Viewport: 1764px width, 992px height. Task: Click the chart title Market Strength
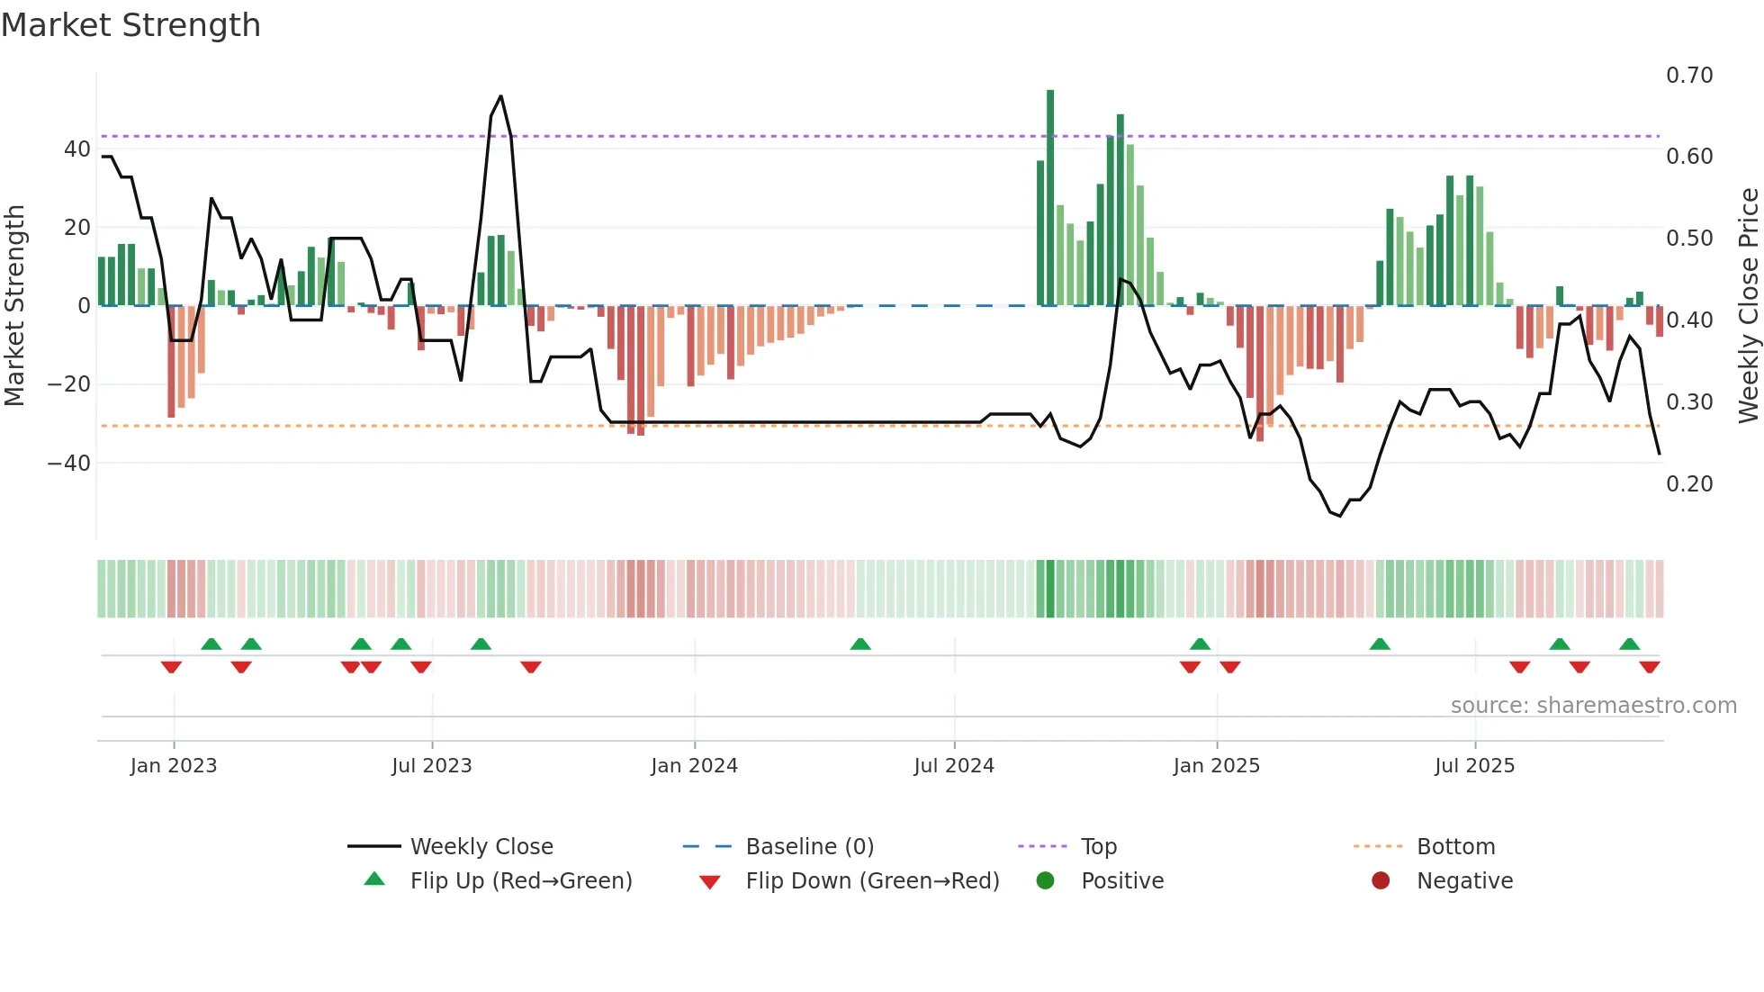[130, 25]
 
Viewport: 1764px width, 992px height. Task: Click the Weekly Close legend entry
[481, 846]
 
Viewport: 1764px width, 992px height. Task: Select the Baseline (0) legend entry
[809, 846]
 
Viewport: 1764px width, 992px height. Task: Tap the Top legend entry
[1098, 846]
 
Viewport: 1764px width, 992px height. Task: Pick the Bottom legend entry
[1455, 846]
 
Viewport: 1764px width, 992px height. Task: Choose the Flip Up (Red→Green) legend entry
[520, 880]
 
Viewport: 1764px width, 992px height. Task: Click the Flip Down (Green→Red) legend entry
[871, 880]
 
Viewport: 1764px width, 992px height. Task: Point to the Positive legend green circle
[1045, 880]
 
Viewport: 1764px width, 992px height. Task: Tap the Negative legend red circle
[1381, 880]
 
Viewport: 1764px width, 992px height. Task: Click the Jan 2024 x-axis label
[694, 765]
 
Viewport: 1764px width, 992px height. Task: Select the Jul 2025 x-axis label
[1474, 765]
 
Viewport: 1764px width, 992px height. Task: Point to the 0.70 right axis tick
[1689, 76]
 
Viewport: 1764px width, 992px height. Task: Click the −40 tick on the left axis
[68, 463]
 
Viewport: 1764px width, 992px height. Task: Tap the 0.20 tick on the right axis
[1689, 483]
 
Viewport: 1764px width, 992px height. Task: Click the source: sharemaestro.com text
[1593, 705]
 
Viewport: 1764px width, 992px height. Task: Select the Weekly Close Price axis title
[1748, 306]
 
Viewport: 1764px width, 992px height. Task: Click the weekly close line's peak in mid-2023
[501, 96]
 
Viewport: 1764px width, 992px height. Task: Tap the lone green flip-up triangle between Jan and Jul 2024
[860, 644]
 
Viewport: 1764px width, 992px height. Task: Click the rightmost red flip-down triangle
[1650, 667]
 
